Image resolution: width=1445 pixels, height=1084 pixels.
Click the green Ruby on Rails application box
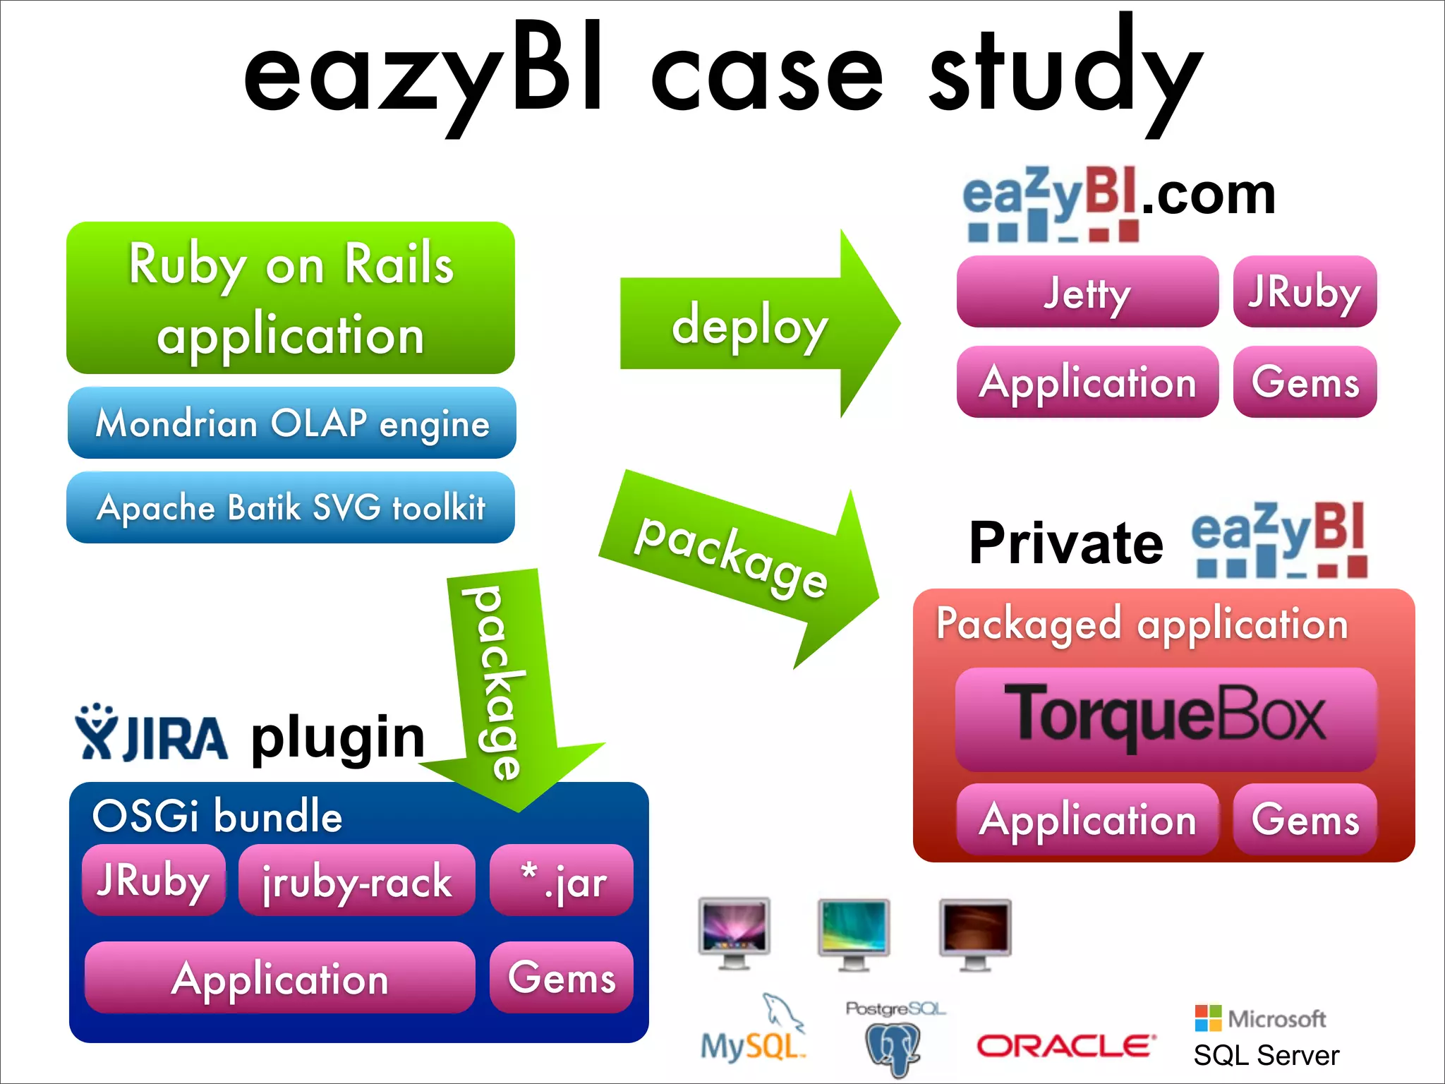coord(291,298)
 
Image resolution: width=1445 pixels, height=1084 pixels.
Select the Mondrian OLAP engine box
coord(291,423)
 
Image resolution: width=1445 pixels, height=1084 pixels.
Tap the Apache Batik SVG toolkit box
coord(291,507)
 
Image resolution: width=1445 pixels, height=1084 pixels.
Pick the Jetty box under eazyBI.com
coord(1087,292)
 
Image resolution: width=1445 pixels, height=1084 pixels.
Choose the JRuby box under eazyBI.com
coord(1305,292)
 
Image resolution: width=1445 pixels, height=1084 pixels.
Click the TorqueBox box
coord(1166,718)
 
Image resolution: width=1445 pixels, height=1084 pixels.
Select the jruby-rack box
coord(357,881)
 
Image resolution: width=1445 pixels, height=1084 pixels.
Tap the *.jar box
coord(562,881)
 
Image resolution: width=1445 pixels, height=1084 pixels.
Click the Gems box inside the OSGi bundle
coord(562,977)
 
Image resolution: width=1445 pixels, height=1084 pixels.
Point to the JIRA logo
coord(152,734)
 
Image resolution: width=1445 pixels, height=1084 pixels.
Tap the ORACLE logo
coord(1065,1046)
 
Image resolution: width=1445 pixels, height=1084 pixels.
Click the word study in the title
coord(1065,74)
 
